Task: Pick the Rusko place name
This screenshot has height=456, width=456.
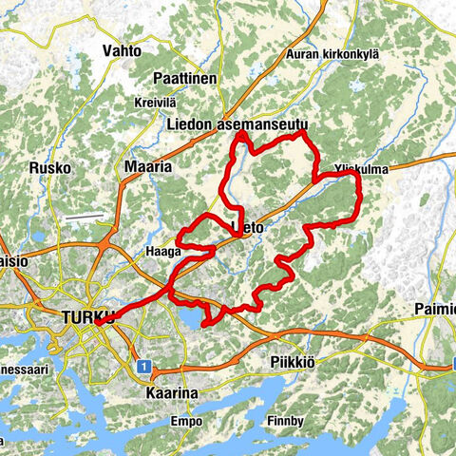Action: point(50,168)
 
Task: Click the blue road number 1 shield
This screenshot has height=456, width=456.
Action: point(142,365)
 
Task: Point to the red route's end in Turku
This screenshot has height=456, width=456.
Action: point(97,324)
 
